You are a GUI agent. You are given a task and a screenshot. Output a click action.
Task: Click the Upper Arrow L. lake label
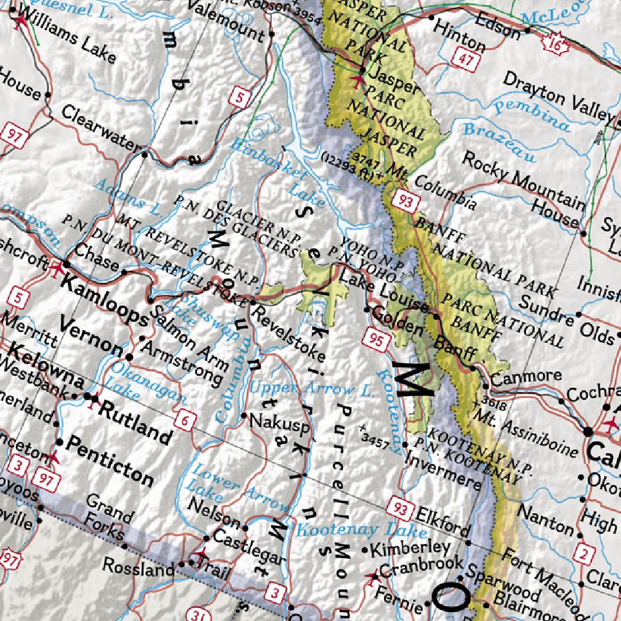(x=312, y=389)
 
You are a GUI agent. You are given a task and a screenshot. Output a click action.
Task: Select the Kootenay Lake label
(x=361, y=531)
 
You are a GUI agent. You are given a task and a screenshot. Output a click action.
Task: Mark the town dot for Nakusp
(x=244, y=416)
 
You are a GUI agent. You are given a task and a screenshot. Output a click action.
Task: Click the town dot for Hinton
(x=431, y=18)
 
